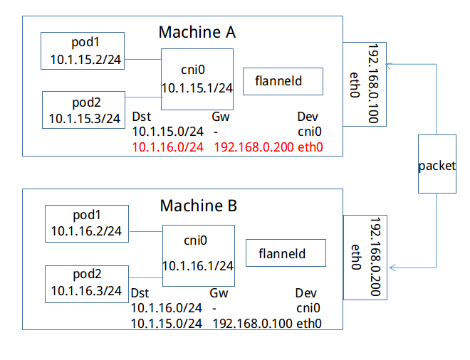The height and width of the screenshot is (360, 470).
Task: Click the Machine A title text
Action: [x=197, y=32]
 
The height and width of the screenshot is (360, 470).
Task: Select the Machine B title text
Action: [x=199, y=206]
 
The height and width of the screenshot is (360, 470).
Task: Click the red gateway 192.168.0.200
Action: [x=254, y=147]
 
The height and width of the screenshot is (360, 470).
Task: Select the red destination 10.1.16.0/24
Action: [x=168, y=147]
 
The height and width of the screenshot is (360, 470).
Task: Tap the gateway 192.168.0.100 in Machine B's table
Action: [x=252, y=324]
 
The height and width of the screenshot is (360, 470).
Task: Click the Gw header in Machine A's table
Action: [x=221, y=117]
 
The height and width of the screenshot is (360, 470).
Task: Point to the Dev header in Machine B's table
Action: [x=305, y=293]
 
